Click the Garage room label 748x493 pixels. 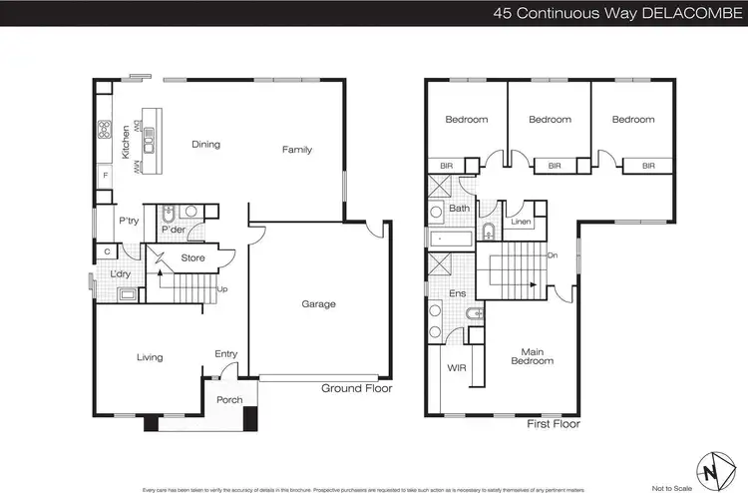319,304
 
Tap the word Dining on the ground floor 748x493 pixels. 205,145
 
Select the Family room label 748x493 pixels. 296,150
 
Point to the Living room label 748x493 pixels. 148,357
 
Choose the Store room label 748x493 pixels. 192,258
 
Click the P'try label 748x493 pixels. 128,221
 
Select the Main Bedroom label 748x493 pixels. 532,356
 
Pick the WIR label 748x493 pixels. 457,368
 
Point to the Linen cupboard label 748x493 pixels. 520,222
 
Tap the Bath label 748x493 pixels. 459,209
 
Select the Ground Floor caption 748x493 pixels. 357,389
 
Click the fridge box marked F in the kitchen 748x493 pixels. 106,177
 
